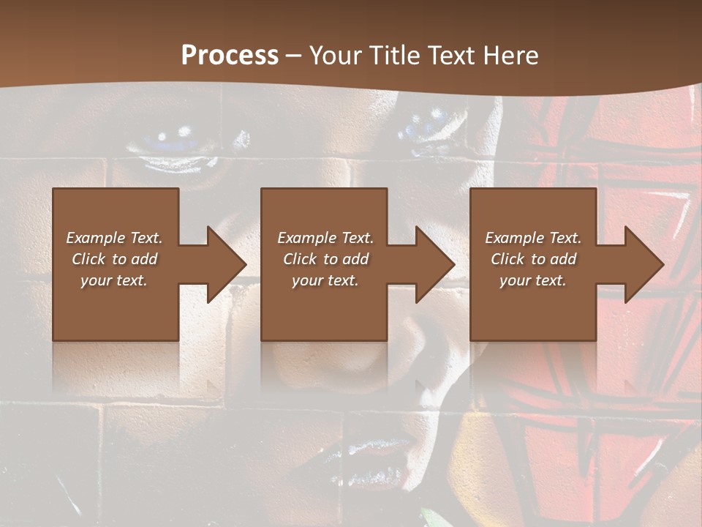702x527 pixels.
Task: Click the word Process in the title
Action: [230, 56]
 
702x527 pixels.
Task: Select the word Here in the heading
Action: [510, 56]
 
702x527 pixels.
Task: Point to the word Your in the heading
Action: [336, 56]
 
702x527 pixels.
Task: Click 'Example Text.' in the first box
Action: [114, 238]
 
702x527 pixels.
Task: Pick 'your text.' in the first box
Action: [114, 280]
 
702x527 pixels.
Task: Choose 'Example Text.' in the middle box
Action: [325, 238]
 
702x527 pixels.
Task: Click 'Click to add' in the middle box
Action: [325, 259]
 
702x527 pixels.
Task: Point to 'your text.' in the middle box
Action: [325, 280]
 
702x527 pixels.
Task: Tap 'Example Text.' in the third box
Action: [533, 238]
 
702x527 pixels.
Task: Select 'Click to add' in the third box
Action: [533, 259]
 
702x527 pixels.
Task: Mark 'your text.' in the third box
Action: [533, 280]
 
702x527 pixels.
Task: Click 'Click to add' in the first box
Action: [114, 259]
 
